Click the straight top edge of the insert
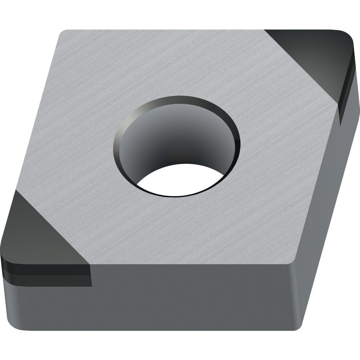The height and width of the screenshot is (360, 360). pyautogui.click(x=162, y=30)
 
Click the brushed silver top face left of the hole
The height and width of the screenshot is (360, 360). pyautogui.click(x=79, y=144)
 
